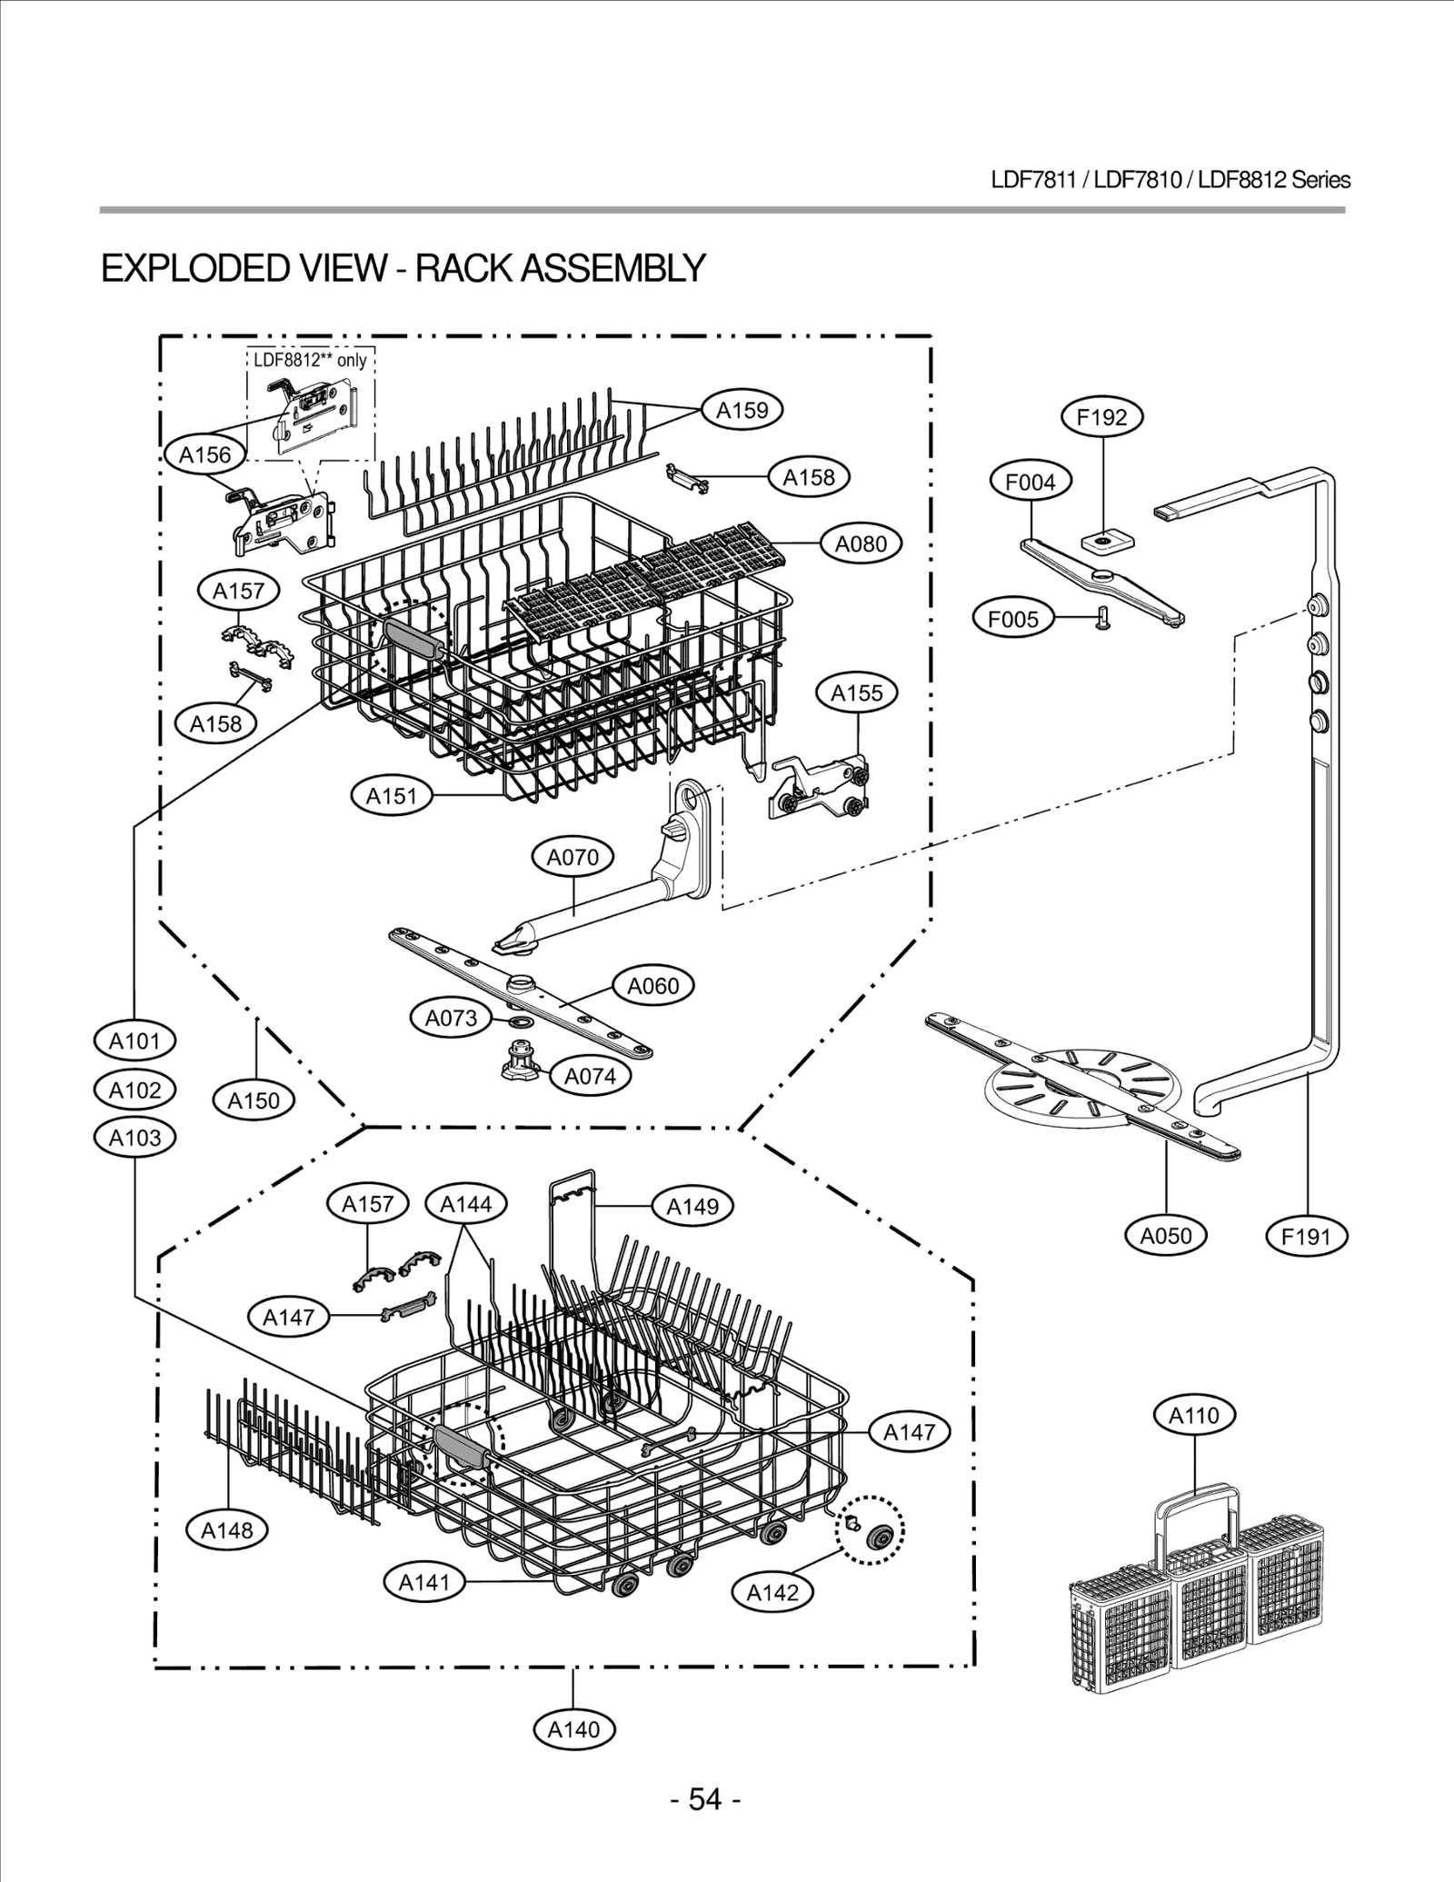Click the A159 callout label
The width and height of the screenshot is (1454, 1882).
742,410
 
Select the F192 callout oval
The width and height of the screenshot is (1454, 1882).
1101,417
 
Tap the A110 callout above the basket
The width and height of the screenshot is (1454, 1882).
1194,1415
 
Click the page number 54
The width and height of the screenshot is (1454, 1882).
705,1798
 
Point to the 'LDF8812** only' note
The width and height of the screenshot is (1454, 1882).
310,360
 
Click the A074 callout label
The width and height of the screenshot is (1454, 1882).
590,1076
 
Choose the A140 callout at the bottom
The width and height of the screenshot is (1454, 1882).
573,1728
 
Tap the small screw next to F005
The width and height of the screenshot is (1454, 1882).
1104,619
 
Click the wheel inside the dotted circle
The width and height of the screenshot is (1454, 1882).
879,1537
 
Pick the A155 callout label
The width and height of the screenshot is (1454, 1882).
857,693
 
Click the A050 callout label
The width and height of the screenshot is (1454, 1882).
1165,1235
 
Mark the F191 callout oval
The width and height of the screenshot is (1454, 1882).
1306,1236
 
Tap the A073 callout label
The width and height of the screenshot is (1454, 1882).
452,1018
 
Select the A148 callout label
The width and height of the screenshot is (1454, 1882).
227,1529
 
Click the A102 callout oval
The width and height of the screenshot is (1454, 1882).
134,1090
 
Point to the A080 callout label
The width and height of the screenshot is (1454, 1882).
861,543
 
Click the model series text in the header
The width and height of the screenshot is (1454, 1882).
1170,180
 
